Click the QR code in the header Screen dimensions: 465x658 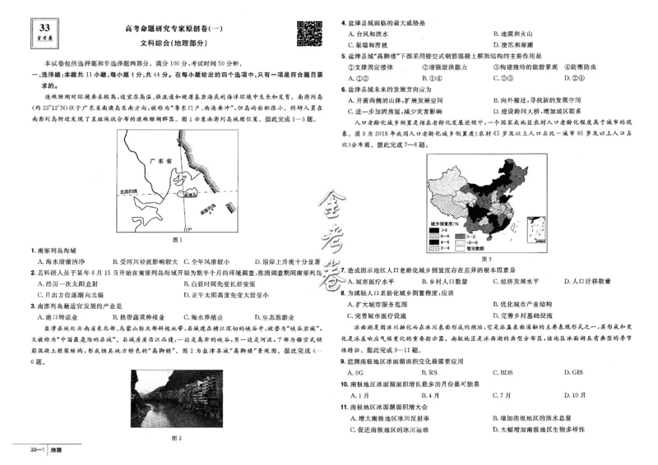pyautogui.click(x=308, y=35)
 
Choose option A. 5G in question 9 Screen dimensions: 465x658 pyautogui.click(x=355, y=371)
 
